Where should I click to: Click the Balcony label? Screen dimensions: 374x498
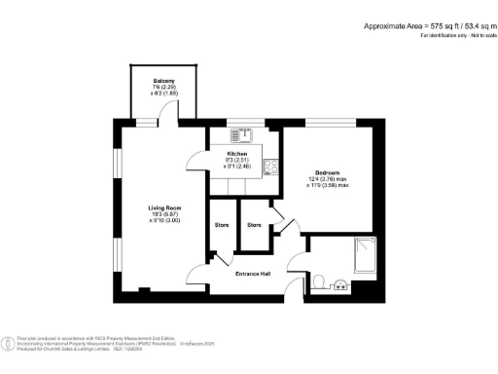(163, 80)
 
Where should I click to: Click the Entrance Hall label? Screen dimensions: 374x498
(253, 273)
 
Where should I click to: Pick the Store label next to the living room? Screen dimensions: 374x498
(221, 225)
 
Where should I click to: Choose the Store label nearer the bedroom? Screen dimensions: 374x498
(254, 225)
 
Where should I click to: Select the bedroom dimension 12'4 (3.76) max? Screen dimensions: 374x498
(327, 177)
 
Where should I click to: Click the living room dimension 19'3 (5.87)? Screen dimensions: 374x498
(163, 215)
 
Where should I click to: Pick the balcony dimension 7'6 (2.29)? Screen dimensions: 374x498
(163, 88)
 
